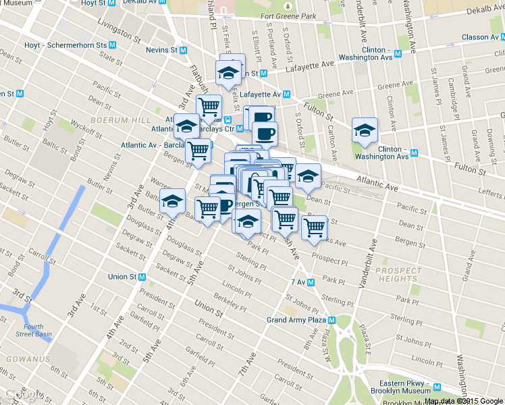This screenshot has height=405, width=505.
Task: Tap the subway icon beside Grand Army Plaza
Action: pos(332,320)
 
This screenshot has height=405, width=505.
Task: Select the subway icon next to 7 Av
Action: pos(312,281)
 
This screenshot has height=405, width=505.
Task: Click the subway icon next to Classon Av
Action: pos(501,36)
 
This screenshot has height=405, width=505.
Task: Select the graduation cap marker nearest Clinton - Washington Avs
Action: pos(365,130)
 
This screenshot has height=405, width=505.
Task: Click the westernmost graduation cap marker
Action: pos(172,200)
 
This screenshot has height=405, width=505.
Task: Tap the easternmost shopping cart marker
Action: pos(314,227)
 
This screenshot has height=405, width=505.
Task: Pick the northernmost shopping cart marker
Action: pos(209,106)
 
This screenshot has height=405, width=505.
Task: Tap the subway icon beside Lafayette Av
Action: pos(287,94)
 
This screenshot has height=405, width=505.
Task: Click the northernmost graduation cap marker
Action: pos(229,72)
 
